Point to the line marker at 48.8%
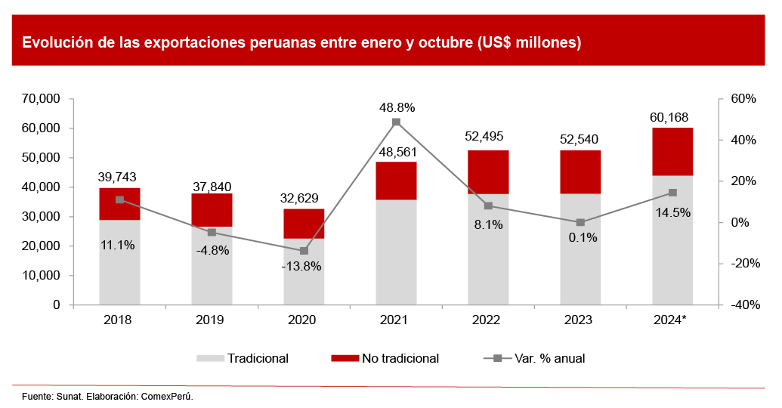[x=396, y=122]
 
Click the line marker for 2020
[x=304, y=251]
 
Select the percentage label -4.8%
[x=212, y=249]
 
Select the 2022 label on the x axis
[x=487, y=320]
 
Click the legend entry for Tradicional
[x=258, y=358]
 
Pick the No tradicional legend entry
[x=400, y=358]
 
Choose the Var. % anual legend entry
[x=549, y=358]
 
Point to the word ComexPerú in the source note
[x=168, y=396]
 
